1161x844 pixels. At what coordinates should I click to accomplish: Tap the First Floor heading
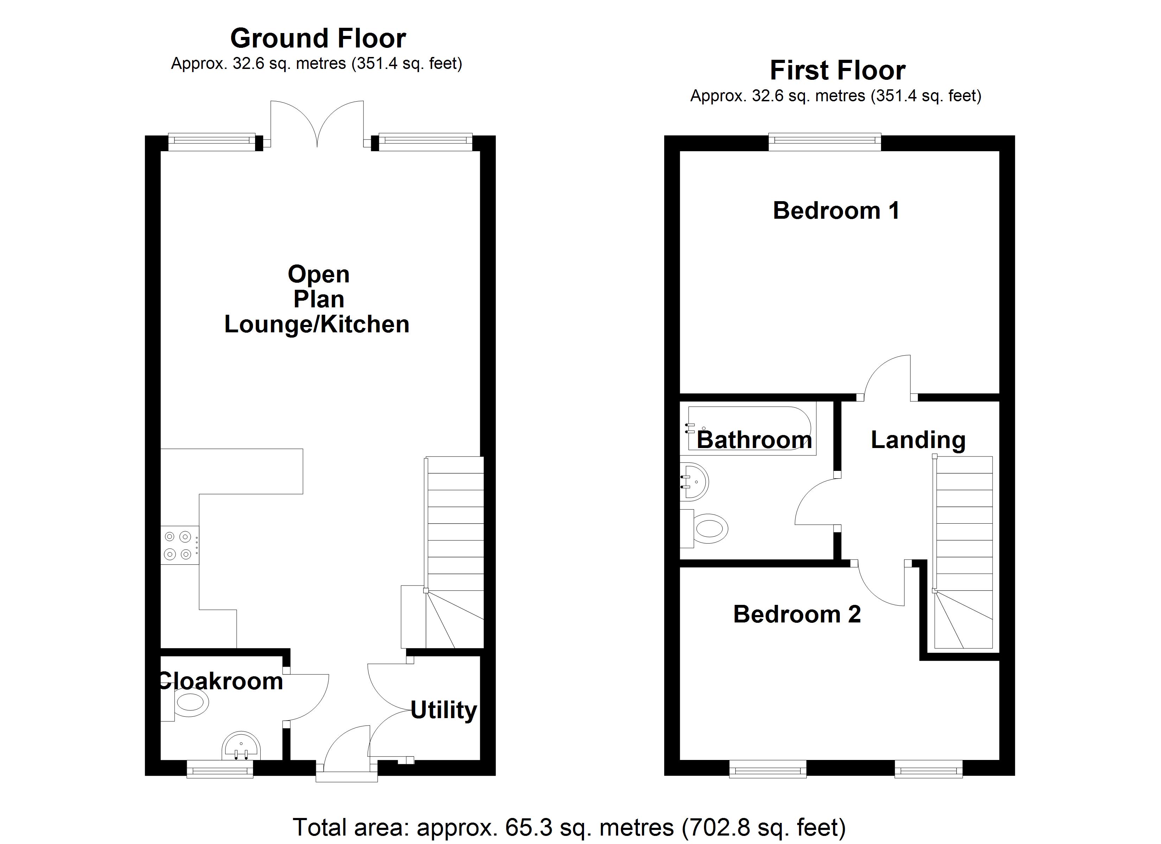tap(837, 71)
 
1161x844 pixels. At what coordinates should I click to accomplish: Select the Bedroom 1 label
tap(836, 211)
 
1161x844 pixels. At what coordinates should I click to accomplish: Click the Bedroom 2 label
tap(797, 614)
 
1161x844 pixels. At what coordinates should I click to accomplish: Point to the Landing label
tap(918, 440)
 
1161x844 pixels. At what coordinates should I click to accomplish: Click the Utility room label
tap(443, 710)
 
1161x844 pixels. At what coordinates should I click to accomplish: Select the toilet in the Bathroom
tap(709, 529)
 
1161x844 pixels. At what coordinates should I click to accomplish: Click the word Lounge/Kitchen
tap(317, 325)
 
